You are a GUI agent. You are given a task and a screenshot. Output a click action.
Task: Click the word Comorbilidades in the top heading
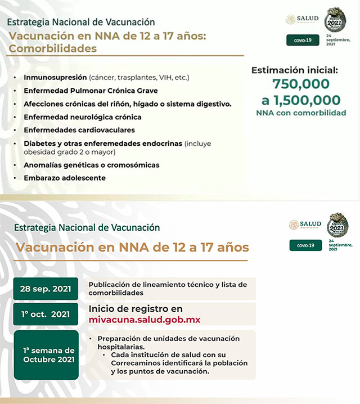[53, 48]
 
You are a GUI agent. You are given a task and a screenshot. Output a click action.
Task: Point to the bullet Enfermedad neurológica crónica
[83, 117]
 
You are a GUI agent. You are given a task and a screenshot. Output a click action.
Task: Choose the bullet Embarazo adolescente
[65, 178]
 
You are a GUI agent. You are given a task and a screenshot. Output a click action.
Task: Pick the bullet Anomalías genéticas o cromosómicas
[92, 165]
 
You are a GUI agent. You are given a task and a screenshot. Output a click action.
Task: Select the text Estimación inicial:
[294, 70]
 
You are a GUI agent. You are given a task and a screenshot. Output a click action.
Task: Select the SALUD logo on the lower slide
[305, 225]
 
